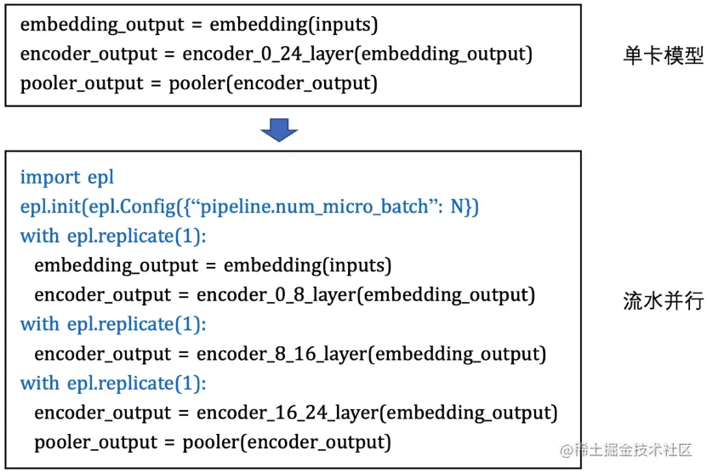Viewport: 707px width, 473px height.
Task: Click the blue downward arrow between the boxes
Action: click(x=278, y=129)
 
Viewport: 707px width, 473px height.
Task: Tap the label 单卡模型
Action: click(x=663, y=56)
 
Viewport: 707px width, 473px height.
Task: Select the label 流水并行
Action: click(x=663, y=302)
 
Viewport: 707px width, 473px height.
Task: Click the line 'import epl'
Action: click(x=66, y=178)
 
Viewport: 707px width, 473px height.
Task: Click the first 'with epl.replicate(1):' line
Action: click(x=113, y=236)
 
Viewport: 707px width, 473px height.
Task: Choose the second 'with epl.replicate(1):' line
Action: click(x=113, y=324)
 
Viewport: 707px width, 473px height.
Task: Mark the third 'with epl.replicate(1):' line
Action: click(x=113, y=383)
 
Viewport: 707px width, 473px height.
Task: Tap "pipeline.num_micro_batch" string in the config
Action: click(x=308, y=207)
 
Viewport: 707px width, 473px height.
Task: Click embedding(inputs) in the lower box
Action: click(x=307, y=265)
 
